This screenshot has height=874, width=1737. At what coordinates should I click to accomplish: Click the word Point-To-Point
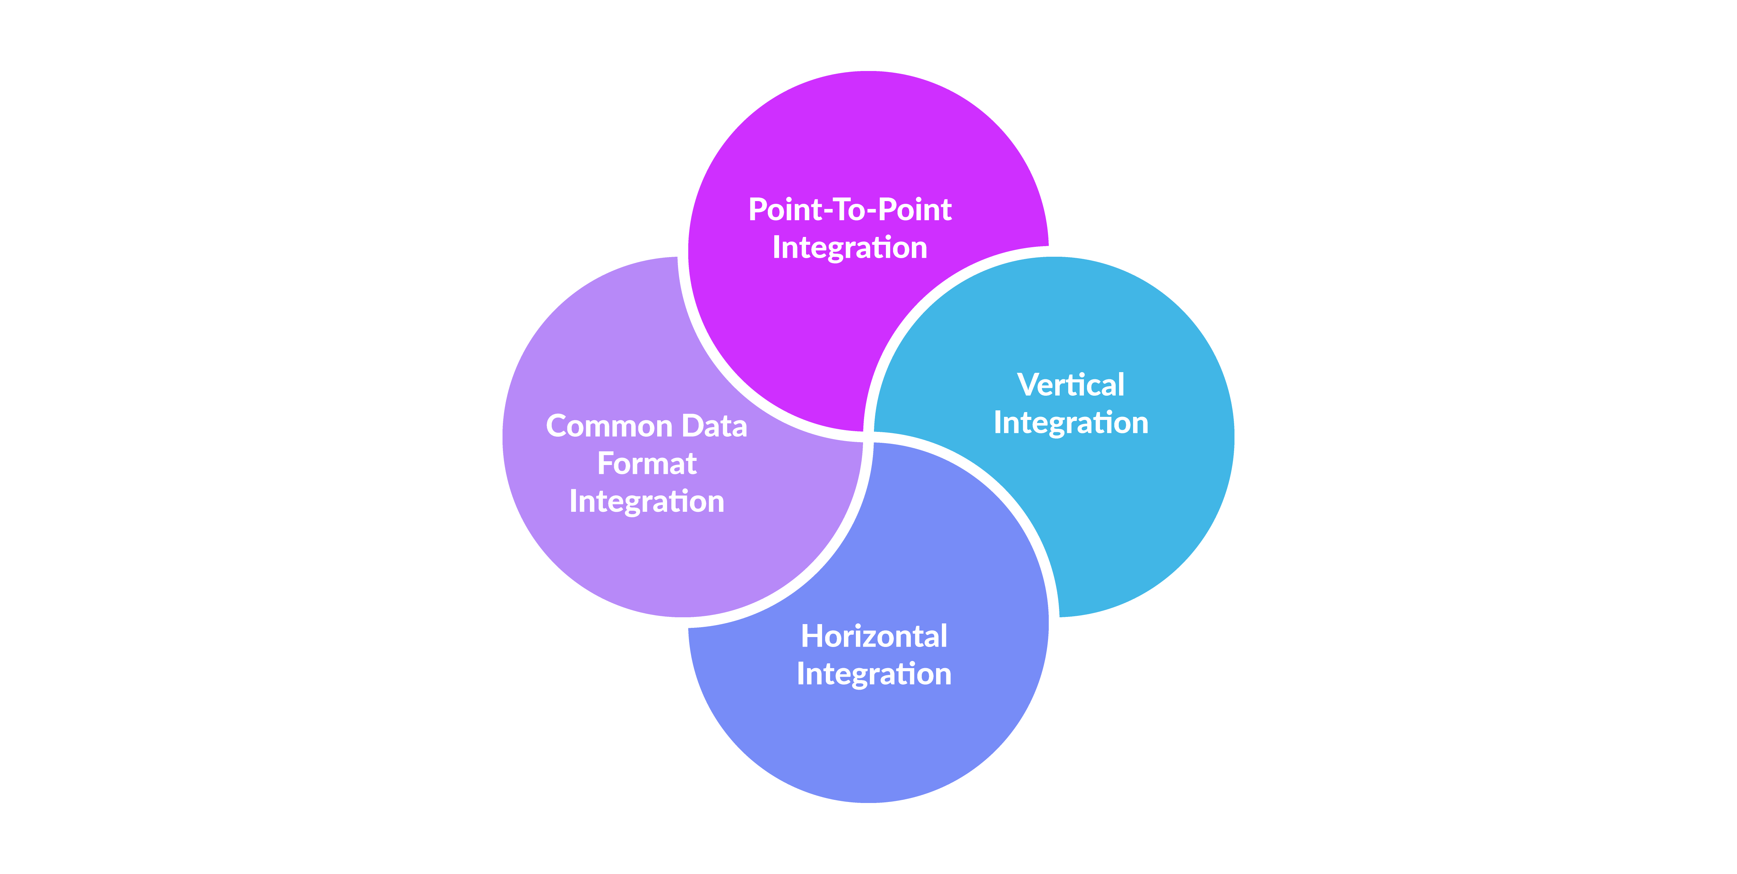coord(850,210)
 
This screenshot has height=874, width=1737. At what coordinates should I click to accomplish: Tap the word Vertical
coord(1071,385)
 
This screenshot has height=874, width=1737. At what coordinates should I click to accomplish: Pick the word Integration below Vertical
coord(1071,423)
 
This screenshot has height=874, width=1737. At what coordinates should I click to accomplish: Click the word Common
coord(609,426)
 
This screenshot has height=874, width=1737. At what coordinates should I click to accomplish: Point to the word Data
coord(714,426)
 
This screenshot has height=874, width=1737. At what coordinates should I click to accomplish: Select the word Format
coord(647,464)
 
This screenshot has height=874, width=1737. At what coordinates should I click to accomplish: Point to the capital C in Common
coord(557,426)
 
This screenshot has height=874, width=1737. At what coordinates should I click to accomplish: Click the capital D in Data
coord(692,426)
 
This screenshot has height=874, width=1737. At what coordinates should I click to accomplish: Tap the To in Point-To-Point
coord(850,210)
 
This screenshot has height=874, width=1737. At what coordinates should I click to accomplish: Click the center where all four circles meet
coord(868,437)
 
